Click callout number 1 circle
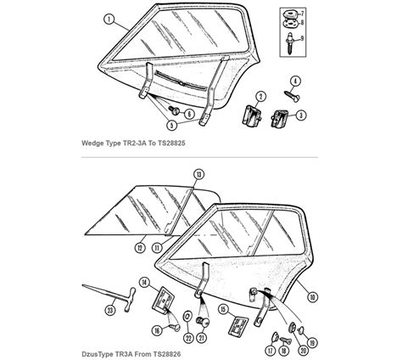[109, 20]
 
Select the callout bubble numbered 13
[199, 175]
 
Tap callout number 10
[312, 297]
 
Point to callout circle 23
[109, 310]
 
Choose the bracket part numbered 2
[252, 115]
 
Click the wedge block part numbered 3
[280, 118]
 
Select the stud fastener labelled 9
[291, 44]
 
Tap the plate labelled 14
[163, 301]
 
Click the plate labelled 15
[238, 326]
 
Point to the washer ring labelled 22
[187, 316]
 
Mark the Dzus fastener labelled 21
[203, 322]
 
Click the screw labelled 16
[175, 327]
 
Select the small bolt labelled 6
[174, 110]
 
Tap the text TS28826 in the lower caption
[167, 354]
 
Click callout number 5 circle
[171, 125]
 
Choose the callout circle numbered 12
[140, 248]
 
